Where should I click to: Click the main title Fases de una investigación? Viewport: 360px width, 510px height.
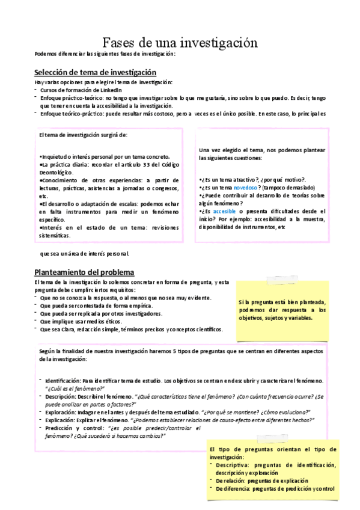pos(180,43)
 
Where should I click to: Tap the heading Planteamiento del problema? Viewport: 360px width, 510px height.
pos(84,272)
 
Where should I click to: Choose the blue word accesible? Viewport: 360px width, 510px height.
pos(224,212)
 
